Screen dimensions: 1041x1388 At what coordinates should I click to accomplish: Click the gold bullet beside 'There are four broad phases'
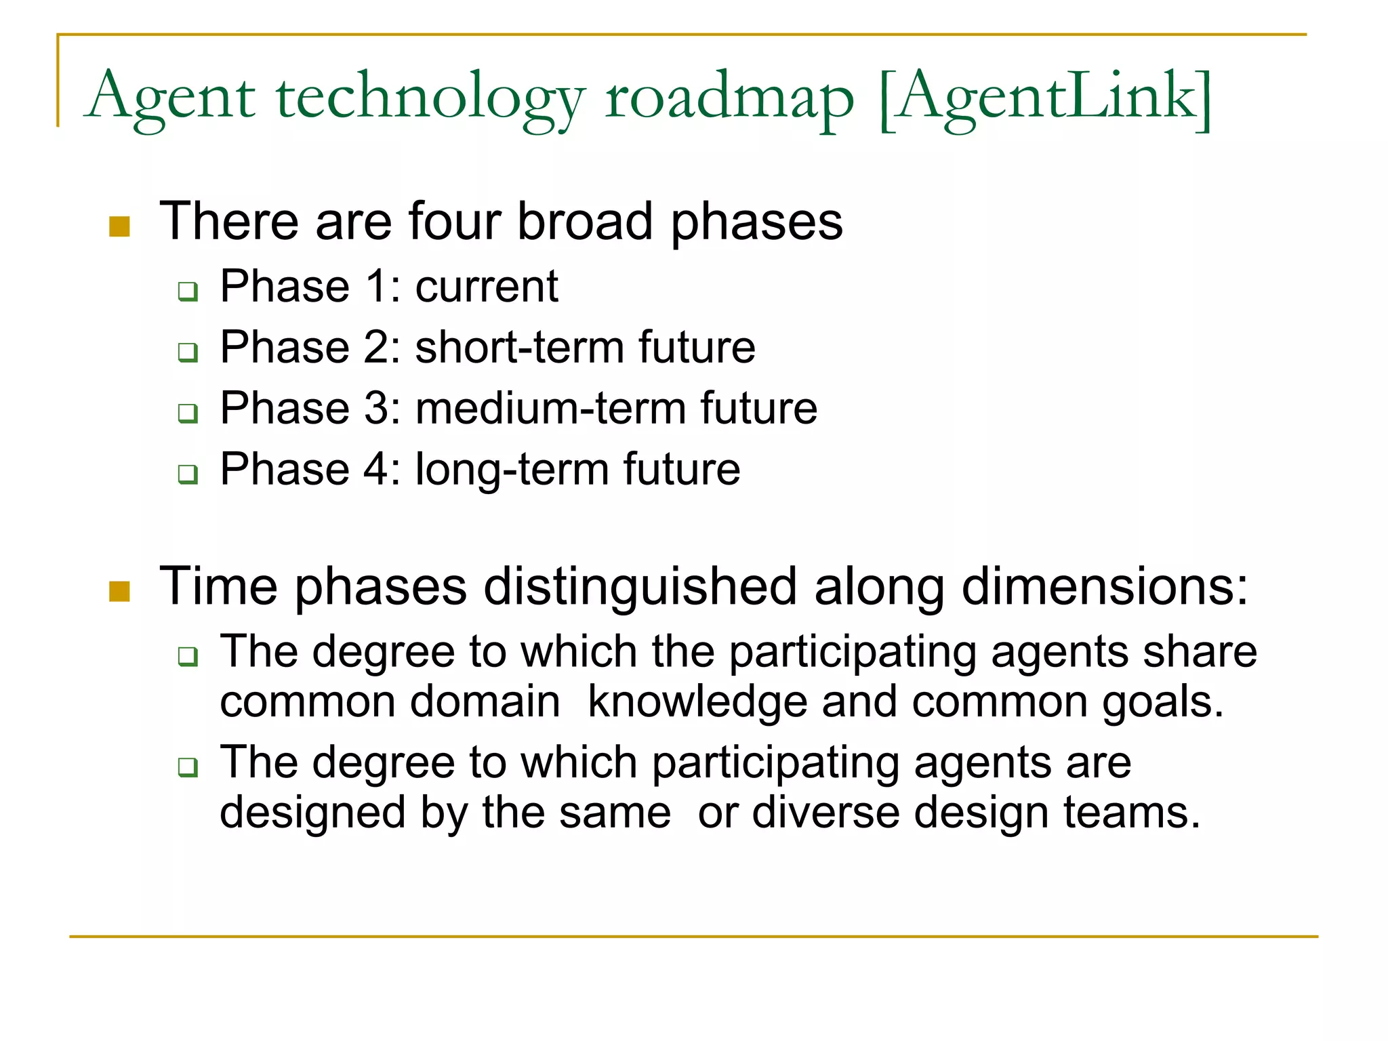click(x=119, y=226)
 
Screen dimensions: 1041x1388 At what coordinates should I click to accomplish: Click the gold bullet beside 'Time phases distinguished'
click(x=119, y=591)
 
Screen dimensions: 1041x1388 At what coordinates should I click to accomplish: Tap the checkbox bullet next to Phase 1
click(x=188, y=292)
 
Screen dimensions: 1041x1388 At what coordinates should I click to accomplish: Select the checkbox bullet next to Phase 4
click(x=188, y=474)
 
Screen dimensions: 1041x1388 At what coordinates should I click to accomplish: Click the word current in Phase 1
click(x=487, y=286)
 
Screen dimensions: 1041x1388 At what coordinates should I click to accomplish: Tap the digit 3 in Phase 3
click(x=377, y=408)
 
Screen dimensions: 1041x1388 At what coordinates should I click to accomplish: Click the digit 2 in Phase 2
click(x=377, y=347)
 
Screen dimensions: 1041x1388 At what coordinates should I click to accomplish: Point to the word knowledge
click(x=697, y=701)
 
